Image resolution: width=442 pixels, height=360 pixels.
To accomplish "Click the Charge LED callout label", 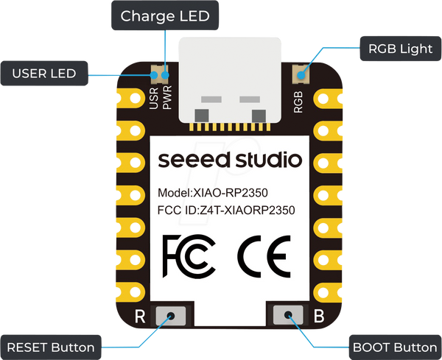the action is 165,15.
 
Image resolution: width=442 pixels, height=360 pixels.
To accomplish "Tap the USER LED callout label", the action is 44,74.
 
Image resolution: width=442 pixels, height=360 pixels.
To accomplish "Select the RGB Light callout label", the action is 401,49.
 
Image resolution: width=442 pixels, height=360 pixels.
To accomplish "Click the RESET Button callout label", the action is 51,347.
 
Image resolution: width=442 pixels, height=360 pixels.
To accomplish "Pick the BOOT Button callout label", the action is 395,347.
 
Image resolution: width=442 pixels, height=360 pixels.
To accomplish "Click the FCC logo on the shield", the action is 189,255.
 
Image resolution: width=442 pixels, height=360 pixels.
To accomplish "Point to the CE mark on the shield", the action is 264,256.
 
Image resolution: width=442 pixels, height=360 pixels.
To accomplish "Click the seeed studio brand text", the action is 230,160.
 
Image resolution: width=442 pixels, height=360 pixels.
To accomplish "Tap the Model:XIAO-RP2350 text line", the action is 213,193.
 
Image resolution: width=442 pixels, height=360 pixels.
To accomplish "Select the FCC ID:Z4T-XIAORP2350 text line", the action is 226,210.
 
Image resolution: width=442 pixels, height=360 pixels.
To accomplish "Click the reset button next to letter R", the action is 171,316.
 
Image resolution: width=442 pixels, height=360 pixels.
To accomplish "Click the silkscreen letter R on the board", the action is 140,317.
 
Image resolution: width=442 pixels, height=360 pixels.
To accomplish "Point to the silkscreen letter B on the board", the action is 319,316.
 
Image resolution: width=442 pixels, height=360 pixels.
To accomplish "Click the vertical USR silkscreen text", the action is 154,98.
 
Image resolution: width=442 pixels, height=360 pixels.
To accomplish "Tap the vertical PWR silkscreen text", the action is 167,97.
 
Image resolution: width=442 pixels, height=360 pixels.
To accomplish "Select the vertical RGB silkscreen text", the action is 298,102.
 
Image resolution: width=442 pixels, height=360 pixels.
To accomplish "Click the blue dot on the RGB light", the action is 301,75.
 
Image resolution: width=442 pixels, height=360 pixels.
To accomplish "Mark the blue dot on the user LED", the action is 154,75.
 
